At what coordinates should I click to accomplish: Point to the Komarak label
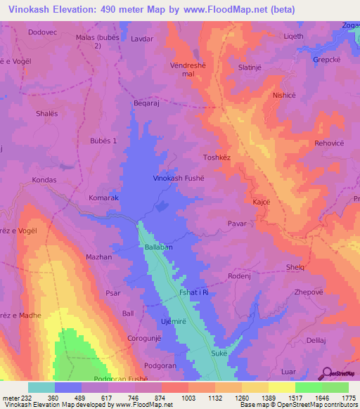coord(103,198)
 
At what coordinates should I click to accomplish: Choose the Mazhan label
coord(98,257)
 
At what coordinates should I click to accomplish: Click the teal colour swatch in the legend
coord(41,387)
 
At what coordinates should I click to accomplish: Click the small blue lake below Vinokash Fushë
coord(162,205)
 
